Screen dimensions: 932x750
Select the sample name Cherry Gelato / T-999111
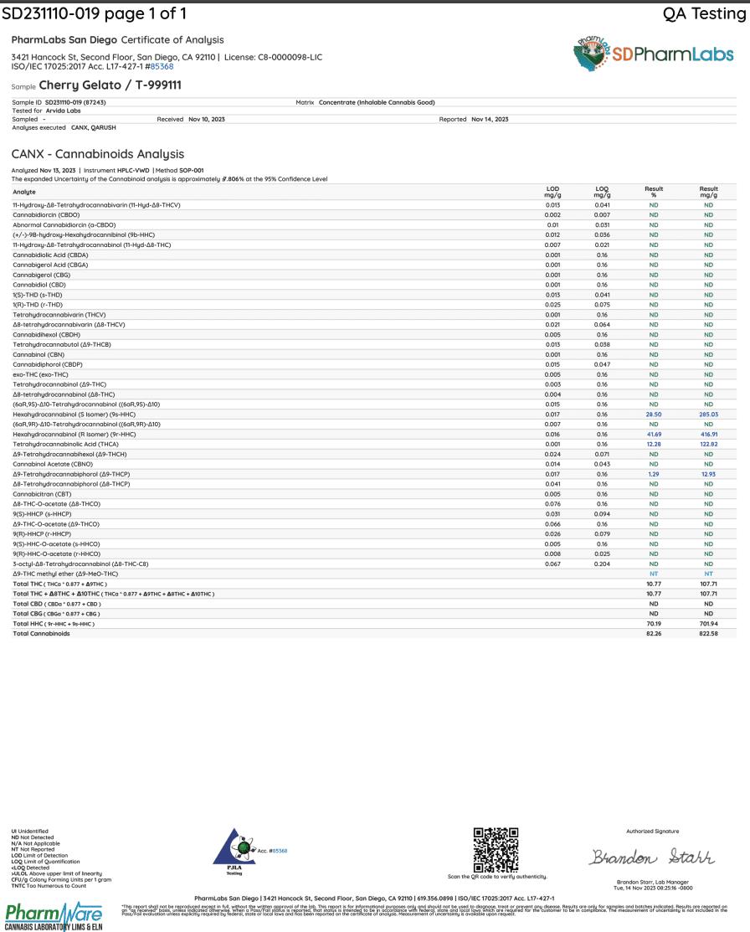tap(110, 85)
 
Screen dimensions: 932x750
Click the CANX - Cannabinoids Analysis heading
tap(98, 154)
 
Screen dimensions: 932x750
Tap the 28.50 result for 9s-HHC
tap(654, 415)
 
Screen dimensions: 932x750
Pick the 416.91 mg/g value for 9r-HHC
tap(708, 435)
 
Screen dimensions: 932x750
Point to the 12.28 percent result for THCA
tap(654, 445)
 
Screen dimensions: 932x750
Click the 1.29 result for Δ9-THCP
tap(654, 475)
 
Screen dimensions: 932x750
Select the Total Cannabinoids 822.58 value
tap(708, 634)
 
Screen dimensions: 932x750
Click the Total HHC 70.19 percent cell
tap(654, 624)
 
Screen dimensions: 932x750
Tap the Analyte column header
tap(24, 192)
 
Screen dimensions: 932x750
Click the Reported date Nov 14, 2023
tap(490, 120)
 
